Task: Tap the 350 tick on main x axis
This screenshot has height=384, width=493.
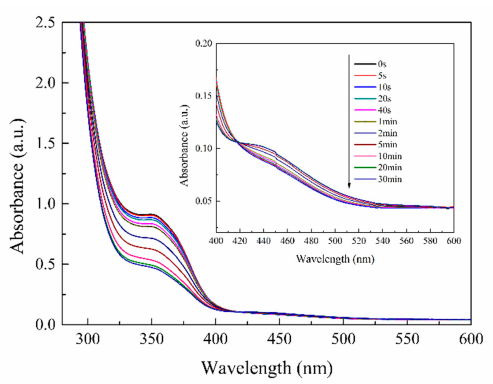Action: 151,339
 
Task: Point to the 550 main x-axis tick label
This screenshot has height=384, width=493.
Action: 407,339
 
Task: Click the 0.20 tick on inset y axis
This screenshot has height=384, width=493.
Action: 203,44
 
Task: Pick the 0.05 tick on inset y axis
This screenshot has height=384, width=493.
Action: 203,201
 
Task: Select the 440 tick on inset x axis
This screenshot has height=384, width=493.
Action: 263,241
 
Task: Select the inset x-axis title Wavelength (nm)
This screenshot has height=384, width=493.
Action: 335,259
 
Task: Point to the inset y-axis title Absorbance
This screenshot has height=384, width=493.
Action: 184,145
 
